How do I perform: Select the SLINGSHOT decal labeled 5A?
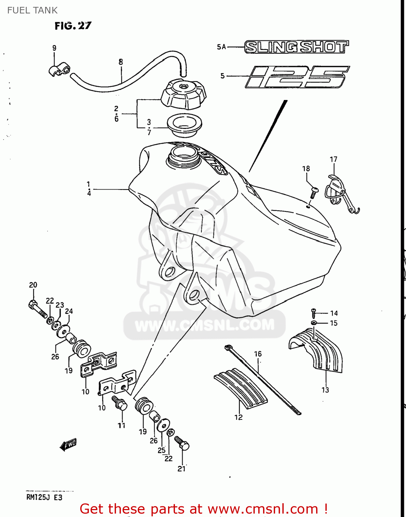pyautogui.click(x=296, y=47)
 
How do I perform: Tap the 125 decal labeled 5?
pyautogui.click(x=297, y=77)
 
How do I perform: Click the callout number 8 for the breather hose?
pyautogui.click(x=121, y=62)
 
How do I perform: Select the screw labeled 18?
pyautogui.click(x=314, y=192)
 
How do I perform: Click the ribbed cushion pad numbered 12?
pyautogui.click(x=241, y=386)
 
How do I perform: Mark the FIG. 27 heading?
pyautogui.click(x=73, y=26)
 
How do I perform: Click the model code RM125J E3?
pyautogui.click(x=44, y=497)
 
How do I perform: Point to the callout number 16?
pyautogui.click(x=258, y=354)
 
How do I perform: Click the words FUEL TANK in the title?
pyautogui.click(x=32, y=10)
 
